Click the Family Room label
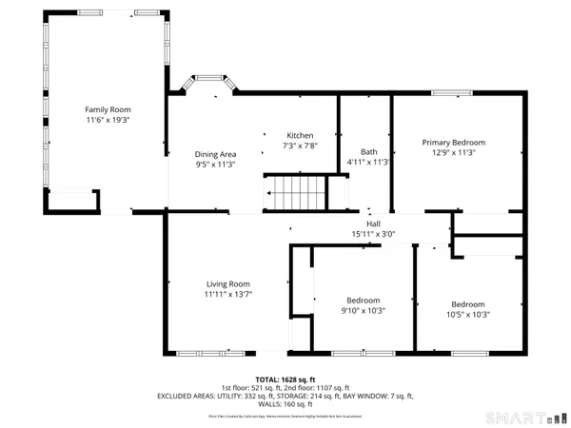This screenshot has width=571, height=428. pos(108,109)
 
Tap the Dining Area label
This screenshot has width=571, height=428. pos(215,153)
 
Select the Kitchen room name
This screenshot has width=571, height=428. pos(300,135)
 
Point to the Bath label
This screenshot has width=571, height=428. pos(368,151)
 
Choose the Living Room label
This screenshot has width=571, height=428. pos(227,283)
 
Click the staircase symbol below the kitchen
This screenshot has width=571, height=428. pos(295,194)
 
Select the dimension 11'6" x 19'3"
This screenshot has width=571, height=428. pos(108,121)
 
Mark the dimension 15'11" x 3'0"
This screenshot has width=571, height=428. pos(367,233)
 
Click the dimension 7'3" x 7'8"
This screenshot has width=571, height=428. pos(300,146)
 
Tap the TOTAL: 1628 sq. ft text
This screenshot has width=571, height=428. pos(285,379)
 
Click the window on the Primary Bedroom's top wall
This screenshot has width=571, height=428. pos(451,92)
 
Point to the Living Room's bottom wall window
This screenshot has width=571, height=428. pos(204,353)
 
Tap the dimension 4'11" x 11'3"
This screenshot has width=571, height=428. pos(368,162)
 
